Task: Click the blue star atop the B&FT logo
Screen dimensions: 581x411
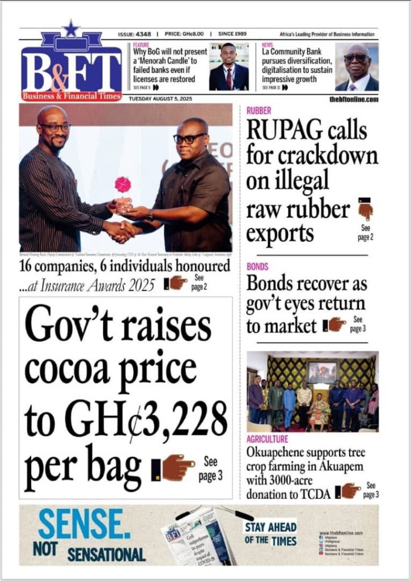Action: point(70,28)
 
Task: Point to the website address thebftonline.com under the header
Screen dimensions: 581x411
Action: point(353,99)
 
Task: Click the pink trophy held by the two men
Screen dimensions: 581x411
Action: point(123,186)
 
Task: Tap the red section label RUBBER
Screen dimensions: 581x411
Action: point(259,111)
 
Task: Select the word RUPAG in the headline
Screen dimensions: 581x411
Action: point(282,132)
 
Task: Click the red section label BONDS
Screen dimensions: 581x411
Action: point(257,266)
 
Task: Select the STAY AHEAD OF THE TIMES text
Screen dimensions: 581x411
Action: point(270,534)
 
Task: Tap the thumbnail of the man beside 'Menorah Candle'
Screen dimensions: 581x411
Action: point(228,66)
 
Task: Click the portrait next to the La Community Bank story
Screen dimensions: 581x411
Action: point(356,67)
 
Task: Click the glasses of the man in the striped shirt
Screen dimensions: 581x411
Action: point(55,127)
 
